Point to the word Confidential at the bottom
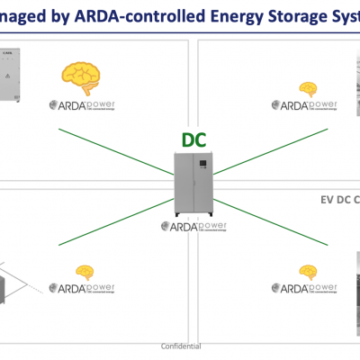click(x=180, y=346)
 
